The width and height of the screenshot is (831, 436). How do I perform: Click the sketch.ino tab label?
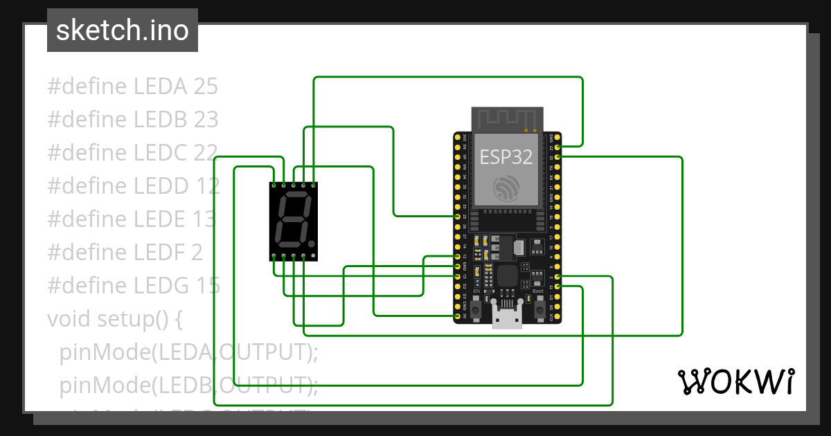point(122,30)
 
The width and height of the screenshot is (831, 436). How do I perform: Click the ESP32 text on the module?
point(506,156)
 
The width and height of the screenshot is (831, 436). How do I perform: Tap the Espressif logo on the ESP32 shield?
point(506,189)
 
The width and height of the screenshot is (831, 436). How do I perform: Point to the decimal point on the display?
point(312,244)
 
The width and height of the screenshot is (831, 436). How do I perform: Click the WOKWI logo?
point(735,381)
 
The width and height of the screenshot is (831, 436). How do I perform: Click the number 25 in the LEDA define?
point(206,87)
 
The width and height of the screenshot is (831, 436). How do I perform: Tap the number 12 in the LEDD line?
point(206,186)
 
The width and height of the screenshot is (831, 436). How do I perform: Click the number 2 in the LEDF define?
point(197,253)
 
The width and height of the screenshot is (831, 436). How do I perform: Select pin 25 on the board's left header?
point(457,217)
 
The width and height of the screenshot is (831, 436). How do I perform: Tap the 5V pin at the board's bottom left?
point(457,316)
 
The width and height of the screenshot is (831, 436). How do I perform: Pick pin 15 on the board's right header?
point(557,287)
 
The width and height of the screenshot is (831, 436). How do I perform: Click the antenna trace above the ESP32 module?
point(506,118)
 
